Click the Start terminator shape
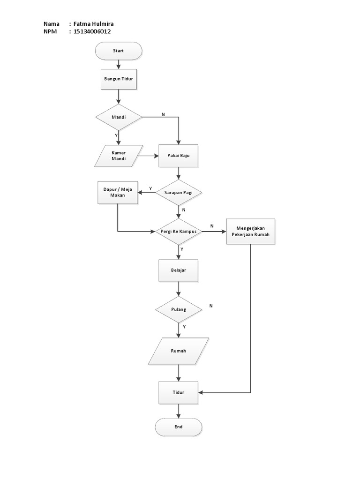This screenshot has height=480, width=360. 118,51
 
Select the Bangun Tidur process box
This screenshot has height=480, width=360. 118,78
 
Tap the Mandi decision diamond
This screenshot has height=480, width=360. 118,117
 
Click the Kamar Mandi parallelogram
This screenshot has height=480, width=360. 119,156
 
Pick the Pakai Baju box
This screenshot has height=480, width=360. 178,156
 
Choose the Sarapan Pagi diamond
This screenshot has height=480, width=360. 178,193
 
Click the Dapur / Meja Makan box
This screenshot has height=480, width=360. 118,192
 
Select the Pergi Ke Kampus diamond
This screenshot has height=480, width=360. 178,232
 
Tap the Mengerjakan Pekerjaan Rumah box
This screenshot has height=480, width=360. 250,232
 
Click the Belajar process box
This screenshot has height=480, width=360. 178,270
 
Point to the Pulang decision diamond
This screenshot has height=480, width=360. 178,309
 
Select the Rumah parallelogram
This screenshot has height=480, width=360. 178,351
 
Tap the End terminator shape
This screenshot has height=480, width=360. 178,427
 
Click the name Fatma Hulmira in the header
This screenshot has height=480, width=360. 94,24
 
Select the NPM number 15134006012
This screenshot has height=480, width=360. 92,31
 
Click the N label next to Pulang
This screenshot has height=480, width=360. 211,306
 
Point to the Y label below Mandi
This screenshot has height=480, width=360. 116,135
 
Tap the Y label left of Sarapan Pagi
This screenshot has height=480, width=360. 150,188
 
